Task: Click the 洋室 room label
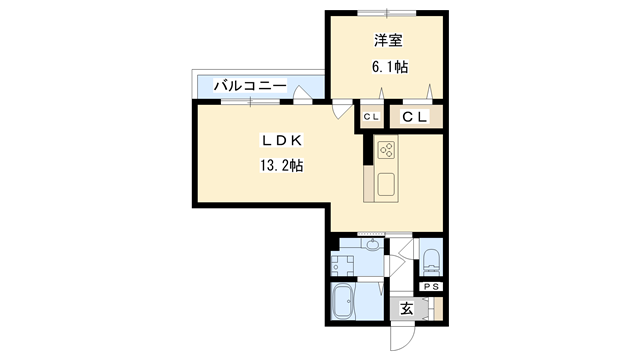(388, 41)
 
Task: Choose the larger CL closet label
(416, 118)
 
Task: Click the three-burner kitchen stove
(386, 152)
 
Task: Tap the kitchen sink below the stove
(386, 184)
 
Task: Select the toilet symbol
(432, 263)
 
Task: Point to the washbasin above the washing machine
(371, 245)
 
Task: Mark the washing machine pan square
(342, 265)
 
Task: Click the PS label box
(432, 288)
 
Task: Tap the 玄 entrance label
(407, 309)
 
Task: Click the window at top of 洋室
(387, 12)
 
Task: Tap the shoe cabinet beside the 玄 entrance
(433, 309)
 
